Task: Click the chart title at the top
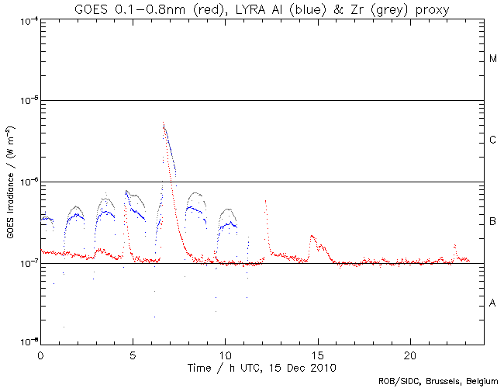(x=262, y=9)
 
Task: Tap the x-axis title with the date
(x=262, y=366)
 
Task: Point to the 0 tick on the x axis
(x=40, y=353)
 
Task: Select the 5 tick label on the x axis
(x=133, y=353)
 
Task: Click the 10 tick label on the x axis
(x=225, y=353)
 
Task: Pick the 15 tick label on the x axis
(x=318, y=353)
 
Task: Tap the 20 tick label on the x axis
(x=410, y=353)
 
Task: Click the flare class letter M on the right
(x=492, y=59)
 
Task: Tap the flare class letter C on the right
(x=492, y=140)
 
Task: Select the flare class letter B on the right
(x=492, y=222)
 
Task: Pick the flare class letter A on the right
(x=492, y=303)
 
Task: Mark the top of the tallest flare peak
(x=163, y=123)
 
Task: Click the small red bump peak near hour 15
(x=312, y=235)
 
